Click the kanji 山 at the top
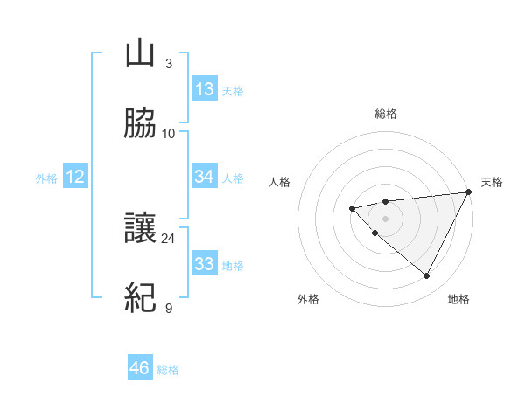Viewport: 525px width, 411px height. click(x=140, y=54)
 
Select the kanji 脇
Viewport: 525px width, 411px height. click(x=140, y=124)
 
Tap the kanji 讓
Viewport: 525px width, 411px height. click(x=140, y=229)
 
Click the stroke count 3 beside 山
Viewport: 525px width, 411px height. click(x=168, y=63)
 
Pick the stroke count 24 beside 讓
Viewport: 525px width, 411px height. click(x=168, y=238)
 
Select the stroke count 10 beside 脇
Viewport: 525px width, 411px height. click(x=168, y=133)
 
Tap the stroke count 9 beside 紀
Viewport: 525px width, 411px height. click(x=168, y=308)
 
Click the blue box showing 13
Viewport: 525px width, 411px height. click(x=205, y=89)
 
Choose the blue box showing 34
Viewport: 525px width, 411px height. click(x=205, y=177)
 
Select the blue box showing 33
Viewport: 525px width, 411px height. click(x=205, y=264)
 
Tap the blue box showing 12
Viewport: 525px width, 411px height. click(x=75, y=178)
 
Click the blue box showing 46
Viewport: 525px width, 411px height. click(x=140, y=368)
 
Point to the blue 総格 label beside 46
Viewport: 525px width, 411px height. click(x=168, y=370)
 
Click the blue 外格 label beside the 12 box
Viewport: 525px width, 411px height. click(x=46, y=178)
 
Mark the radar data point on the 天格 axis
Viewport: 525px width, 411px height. click(x=470, y=192)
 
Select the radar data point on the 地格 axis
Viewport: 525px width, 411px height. click(x=427, y=276)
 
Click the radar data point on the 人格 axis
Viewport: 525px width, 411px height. click(x=352, y=208)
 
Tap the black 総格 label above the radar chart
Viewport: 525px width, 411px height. click(x=386, y=114)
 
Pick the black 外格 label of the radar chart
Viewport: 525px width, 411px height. click(x=308, y=299)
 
